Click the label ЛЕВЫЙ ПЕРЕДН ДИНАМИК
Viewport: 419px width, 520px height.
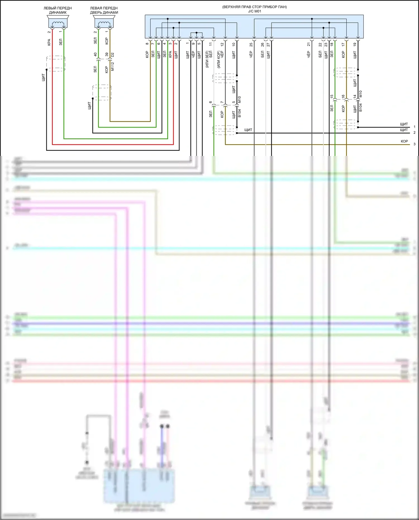[x=58, y=10]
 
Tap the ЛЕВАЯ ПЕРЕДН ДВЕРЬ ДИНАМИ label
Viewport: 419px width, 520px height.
[x=104, y=10]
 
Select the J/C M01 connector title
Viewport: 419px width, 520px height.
[x=254, y=11]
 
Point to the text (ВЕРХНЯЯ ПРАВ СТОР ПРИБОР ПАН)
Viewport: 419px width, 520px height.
[x=254, y=7]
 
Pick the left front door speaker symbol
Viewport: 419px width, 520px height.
[x=104, y=22]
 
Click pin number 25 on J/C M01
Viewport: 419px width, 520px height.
[x=251, y=44]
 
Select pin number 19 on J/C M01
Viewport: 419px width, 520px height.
[x=355, y=44]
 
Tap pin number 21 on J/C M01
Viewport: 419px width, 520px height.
[x=309, y=44]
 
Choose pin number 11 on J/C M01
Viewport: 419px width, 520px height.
[x=211, y=44]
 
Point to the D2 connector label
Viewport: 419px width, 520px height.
[x=113, y=54]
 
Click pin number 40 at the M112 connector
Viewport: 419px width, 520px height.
[x=95, y=54]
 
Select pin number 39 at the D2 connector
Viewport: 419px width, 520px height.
[x=107, y=54]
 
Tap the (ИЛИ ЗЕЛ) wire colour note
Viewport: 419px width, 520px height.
[x=207, y=59]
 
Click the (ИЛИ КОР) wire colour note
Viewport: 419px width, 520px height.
[x=218, y=59]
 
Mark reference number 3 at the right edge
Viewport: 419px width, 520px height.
[x=414, y=144]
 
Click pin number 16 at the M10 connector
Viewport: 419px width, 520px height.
[x=343, y=96]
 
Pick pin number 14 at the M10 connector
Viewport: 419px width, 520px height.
[x=355, y=96]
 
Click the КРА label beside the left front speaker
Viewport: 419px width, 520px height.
[x=49, y=42]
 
